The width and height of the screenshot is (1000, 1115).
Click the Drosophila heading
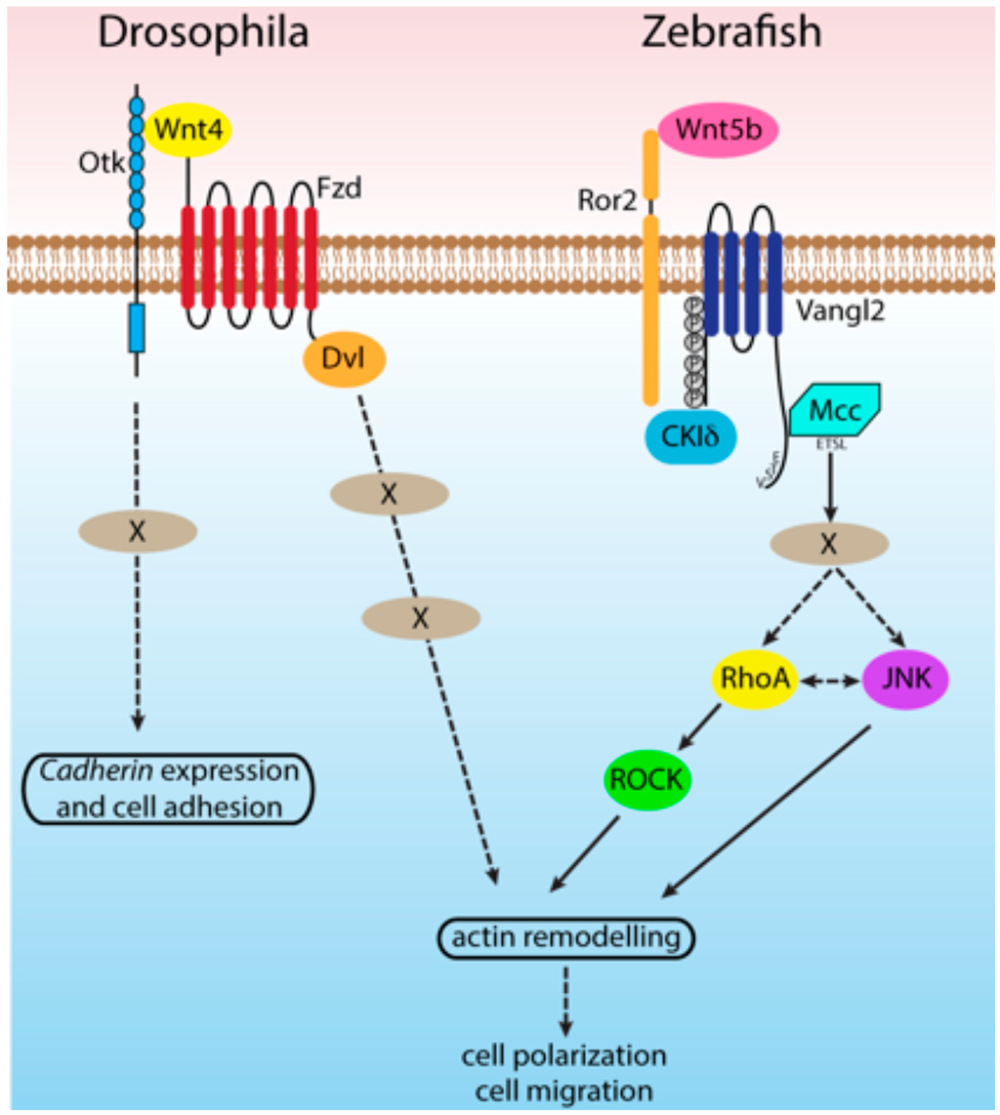pos(203,33)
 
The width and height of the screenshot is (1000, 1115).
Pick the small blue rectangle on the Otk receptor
pos(137,327)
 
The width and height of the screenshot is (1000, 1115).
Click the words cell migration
pos(563,1089)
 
